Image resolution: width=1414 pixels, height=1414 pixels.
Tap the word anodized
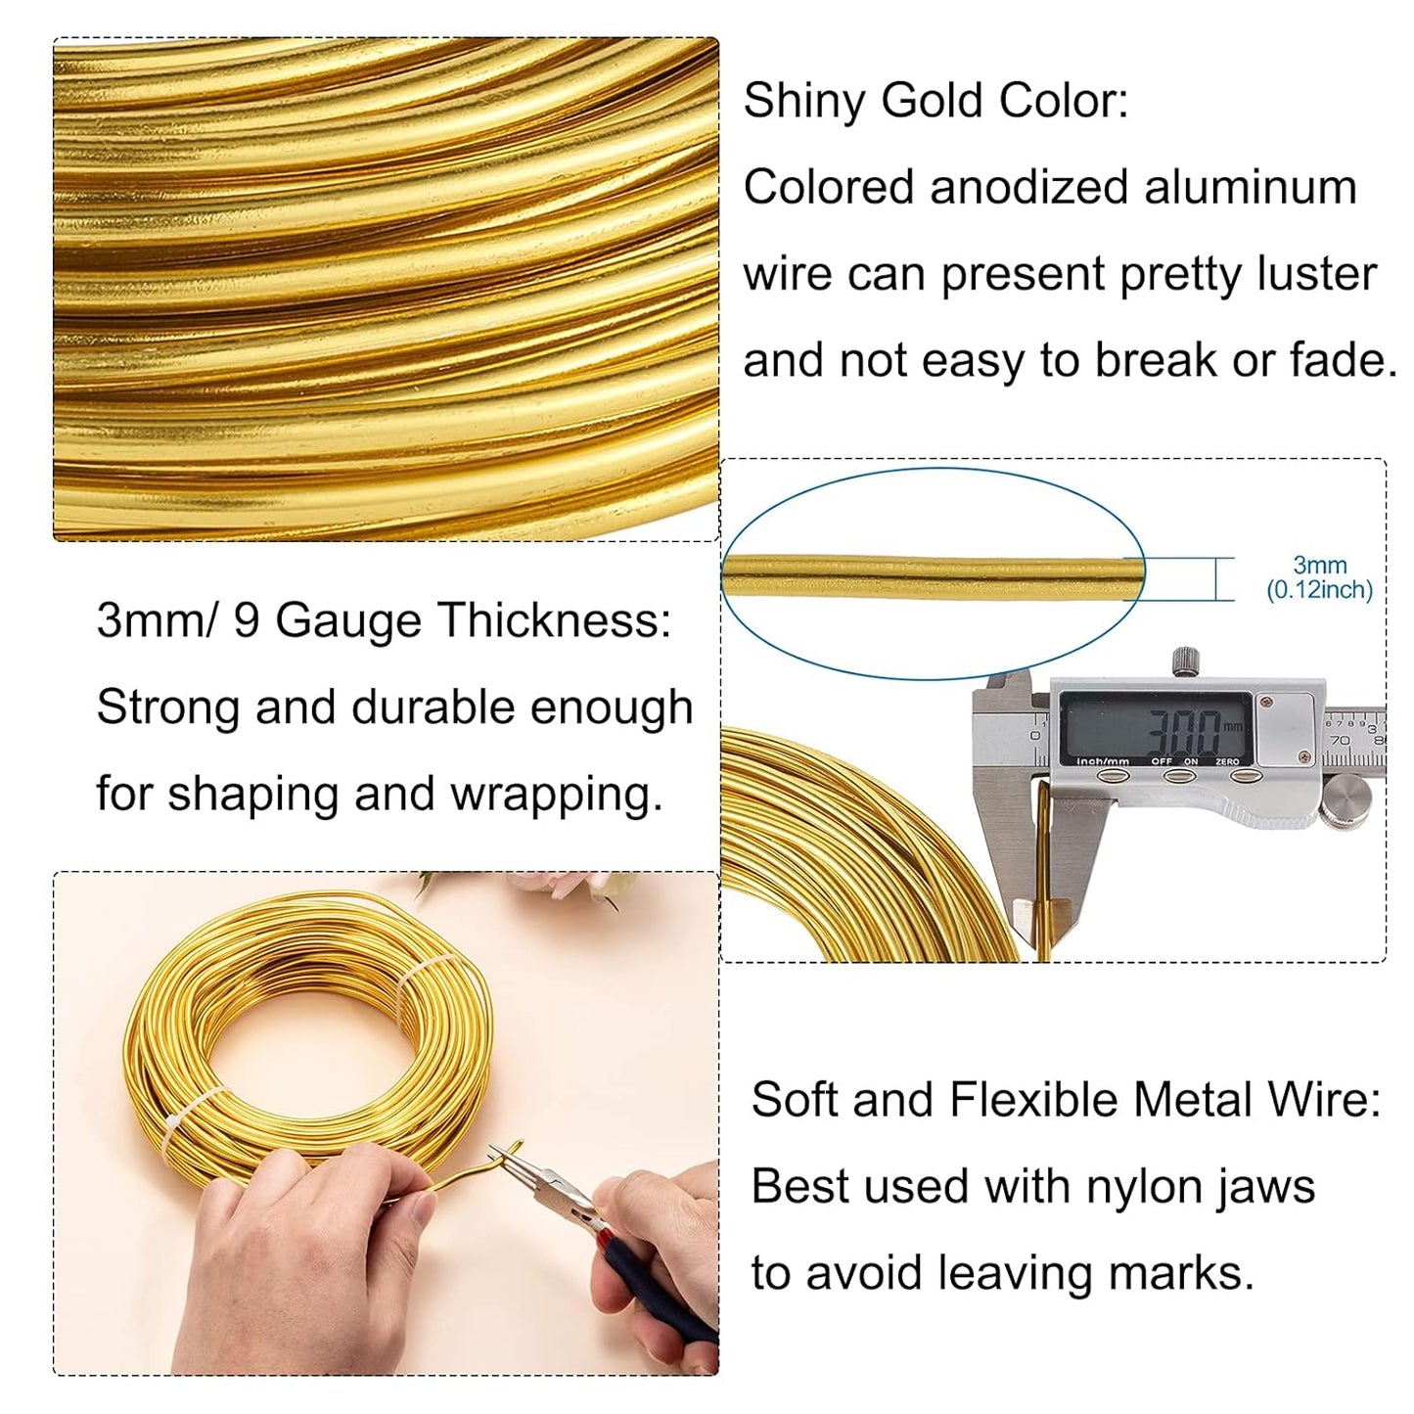(x=1027, y=188)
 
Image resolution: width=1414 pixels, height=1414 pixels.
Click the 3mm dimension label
(x=1319, y=566)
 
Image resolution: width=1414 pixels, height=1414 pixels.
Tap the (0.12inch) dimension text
(x=1319, y=590)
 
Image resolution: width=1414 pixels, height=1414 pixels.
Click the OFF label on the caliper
(x=1162, y=761)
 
